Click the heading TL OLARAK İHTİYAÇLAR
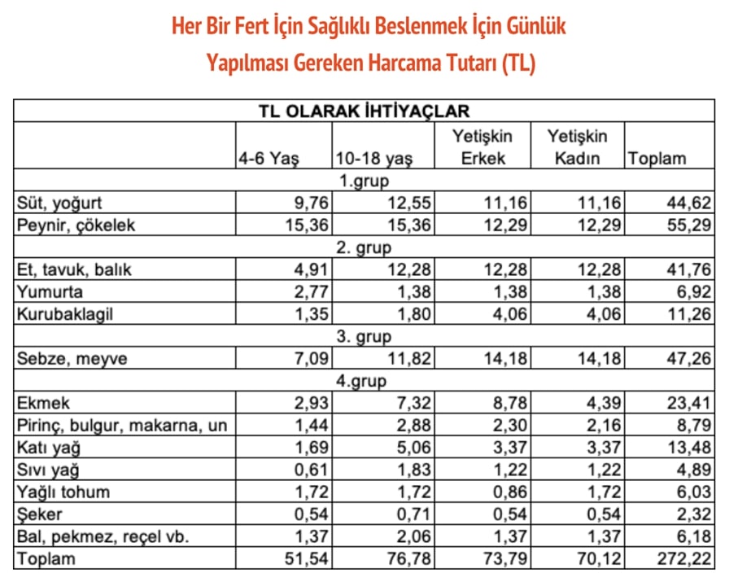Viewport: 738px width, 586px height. [x=364, y=112]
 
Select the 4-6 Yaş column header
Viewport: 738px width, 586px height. [x=268, y=159]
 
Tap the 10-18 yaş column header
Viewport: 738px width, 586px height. [x=373, y=159]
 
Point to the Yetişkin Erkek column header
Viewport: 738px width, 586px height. [x=483, y=147]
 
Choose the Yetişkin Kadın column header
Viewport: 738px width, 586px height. [x=577, y=147]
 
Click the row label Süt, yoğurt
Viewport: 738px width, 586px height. [x=59, y=203]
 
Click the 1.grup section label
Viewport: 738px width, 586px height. [x=364, y=181]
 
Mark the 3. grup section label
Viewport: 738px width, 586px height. [x=364, y=336]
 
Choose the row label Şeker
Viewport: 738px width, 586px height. [x=38, y=514]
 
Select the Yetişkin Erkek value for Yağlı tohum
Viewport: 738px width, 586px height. [x=508, y=492]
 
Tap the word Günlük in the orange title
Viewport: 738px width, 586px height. [x=533, y=26]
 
